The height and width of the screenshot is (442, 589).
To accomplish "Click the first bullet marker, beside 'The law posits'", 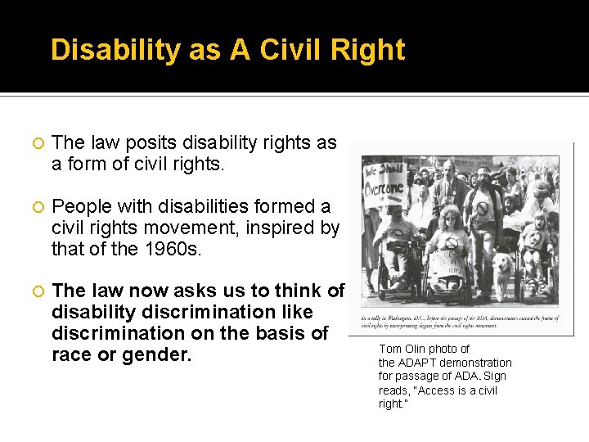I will [36, 144].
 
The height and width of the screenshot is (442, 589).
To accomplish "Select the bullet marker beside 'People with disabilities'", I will [36, 207].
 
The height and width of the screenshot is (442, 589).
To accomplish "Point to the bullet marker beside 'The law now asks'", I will [36, 291].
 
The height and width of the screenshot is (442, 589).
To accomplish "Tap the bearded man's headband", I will [483, 170].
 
